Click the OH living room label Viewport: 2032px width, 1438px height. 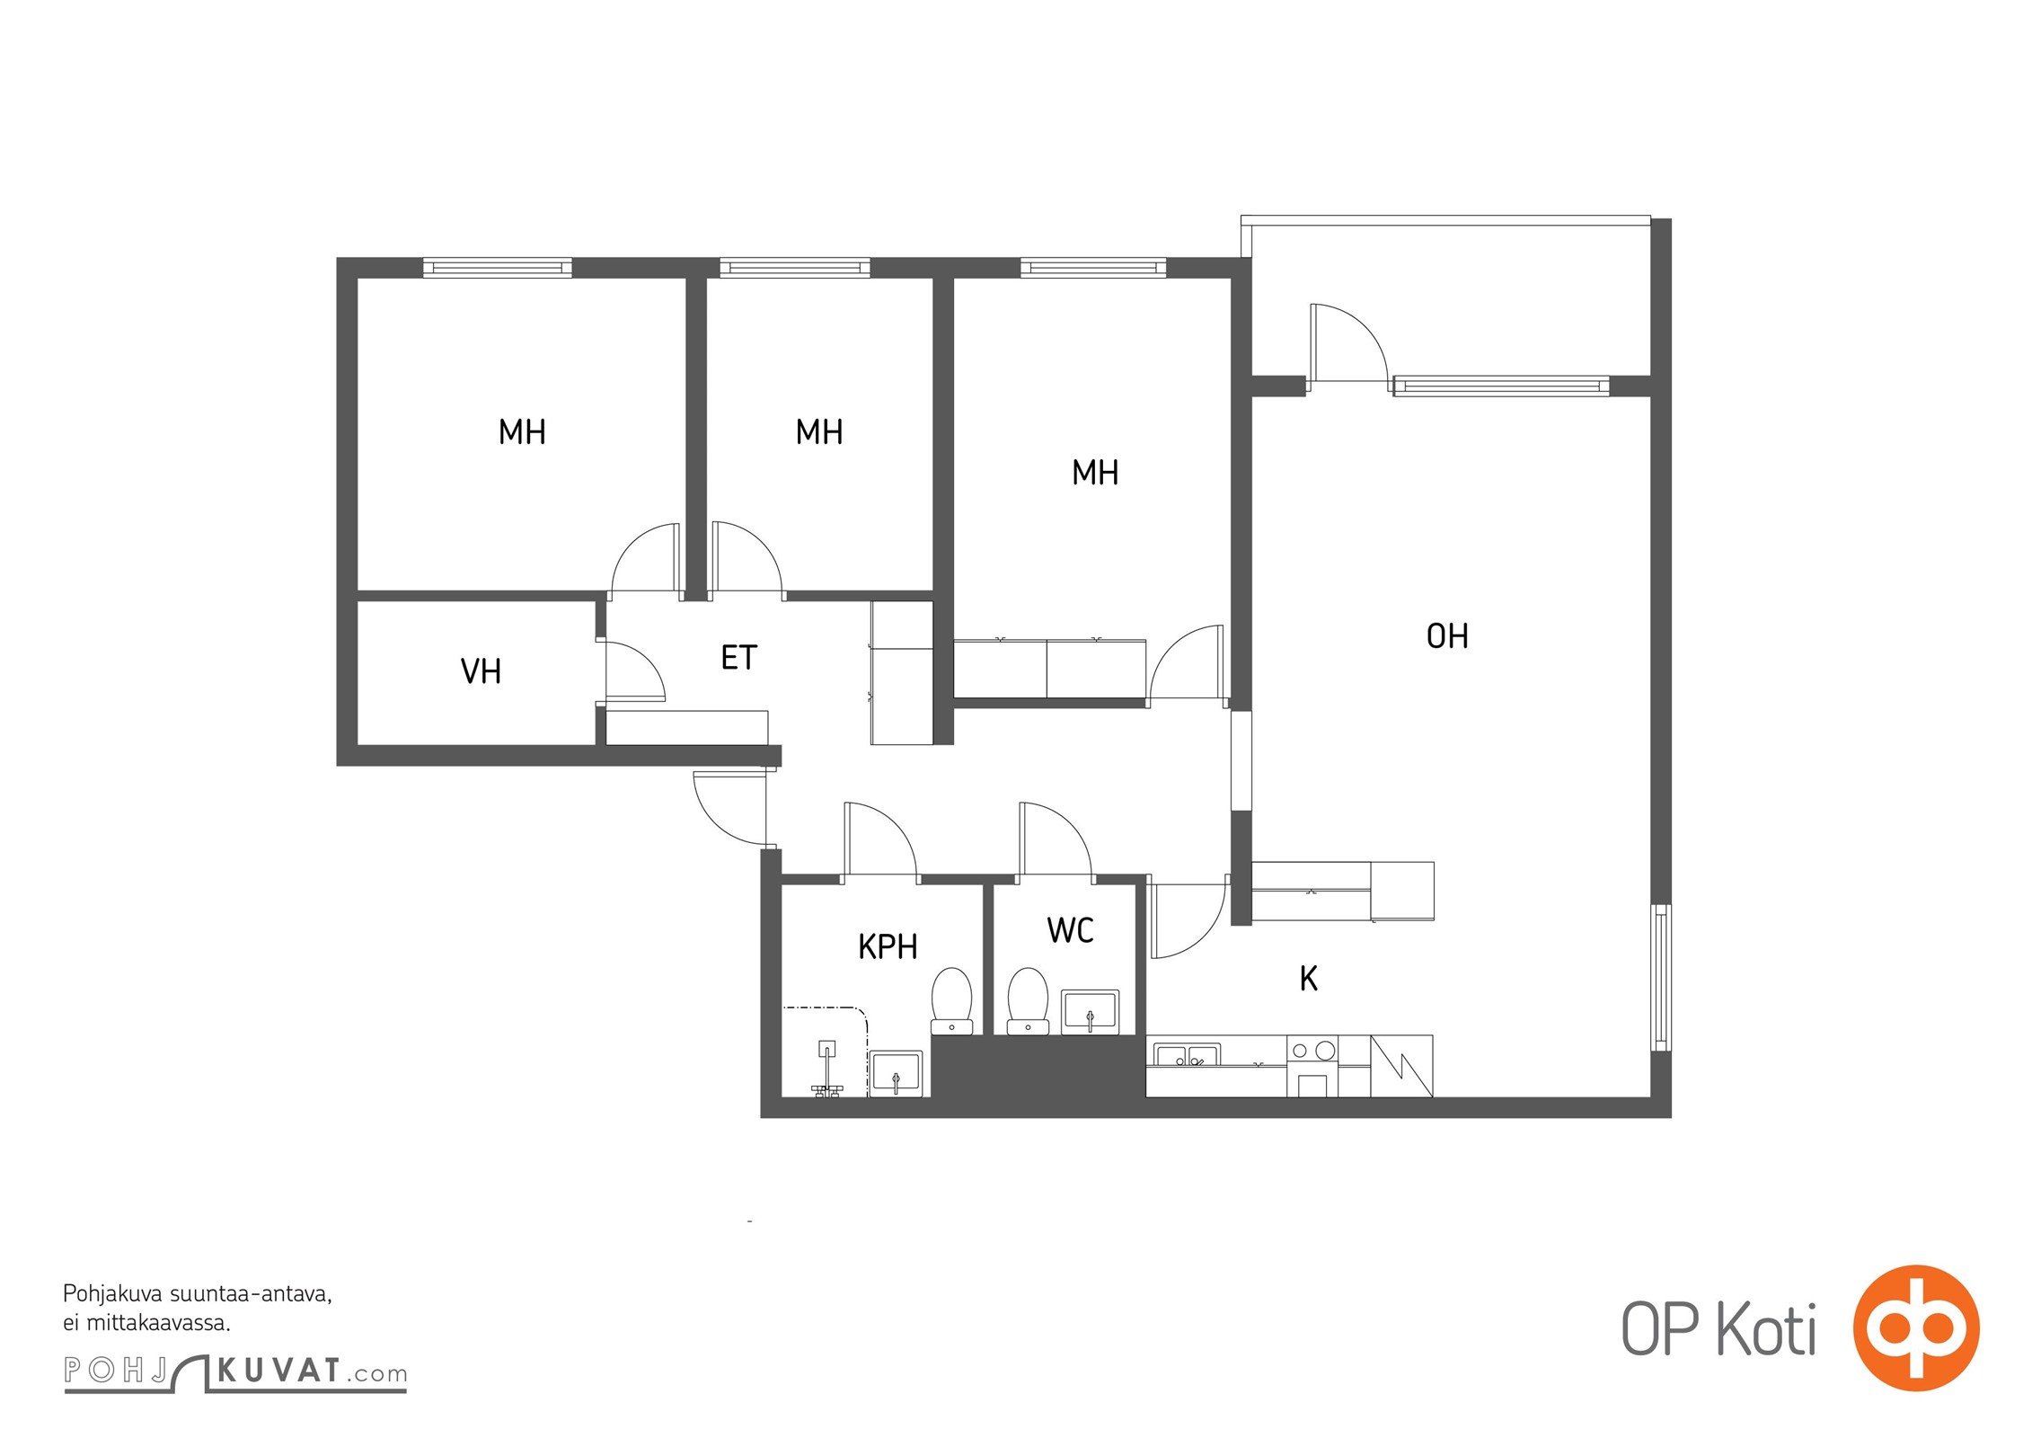(x=1447, y=636)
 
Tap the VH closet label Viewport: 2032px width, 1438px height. (x=481, y=671)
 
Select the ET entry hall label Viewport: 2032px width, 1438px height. (x=738, y=658)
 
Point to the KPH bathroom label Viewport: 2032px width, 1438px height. (x=888, y=946)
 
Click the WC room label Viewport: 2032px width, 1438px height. (x=1070, y=930)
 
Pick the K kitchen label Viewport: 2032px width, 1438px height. (x=1309, y=979)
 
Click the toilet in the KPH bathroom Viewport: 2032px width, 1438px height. (x=951, y=1001)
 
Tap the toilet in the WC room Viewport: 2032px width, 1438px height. (x=1028, y=1001)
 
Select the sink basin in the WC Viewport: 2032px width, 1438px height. (x=1090, y=1012)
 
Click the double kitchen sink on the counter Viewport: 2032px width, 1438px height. (x=1186, y=1055)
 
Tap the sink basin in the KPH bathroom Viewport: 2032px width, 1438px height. (x=896, y=1073)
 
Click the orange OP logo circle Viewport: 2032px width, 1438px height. (x=1916, y=1327)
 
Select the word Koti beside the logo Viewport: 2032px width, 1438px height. (x=1767, y=1329)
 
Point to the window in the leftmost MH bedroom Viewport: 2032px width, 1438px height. (x=497, y=268)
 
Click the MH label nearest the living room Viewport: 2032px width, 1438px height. (x=1095, y=473)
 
